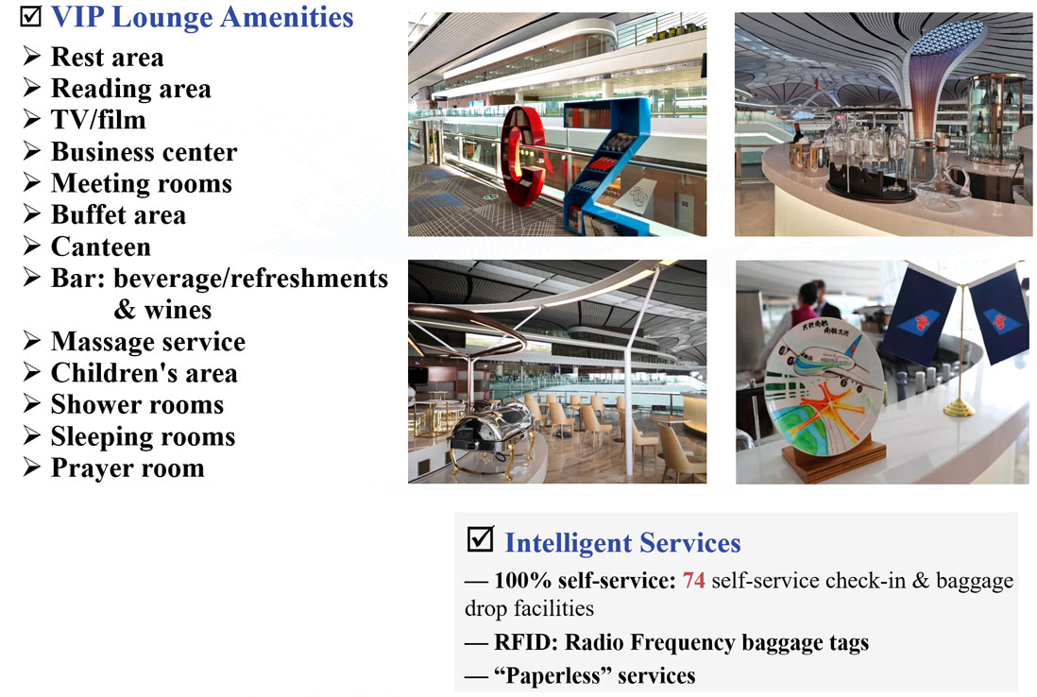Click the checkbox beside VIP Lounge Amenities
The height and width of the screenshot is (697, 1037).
(30, 15)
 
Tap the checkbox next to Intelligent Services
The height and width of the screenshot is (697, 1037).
(480, 539)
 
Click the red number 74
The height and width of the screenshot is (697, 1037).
(694, 580)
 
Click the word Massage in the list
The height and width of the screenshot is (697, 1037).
(101, 342)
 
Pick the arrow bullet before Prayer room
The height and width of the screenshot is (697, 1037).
(32, 467)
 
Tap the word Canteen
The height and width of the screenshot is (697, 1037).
(101, 246)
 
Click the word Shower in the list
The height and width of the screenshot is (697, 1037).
(93, 404)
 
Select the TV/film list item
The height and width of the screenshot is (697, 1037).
(98, 120)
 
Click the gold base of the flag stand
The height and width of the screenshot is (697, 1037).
(959, 408)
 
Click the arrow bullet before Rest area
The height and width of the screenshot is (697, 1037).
(32, 56)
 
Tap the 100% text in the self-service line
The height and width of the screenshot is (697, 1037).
(522, 580)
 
